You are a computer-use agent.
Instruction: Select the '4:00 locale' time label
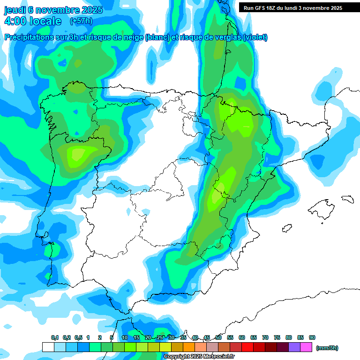(32, 21)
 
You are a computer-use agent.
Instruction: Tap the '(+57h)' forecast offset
(81, 21)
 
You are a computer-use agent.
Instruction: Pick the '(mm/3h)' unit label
(327, 348)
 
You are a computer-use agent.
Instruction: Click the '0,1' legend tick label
(55, 338)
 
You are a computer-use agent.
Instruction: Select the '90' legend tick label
(312, 338)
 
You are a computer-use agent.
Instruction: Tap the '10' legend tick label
(125, 338)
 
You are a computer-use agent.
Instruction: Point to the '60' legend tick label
(242, 338)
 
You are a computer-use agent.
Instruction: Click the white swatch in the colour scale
(48, 347)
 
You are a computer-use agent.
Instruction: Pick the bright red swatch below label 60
(247, 347)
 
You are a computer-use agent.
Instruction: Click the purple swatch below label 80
(294, 347)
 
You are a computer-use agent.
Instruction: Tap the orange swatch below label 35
(189, 347)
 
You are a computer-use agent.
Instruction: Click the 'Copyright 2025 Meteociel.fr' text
(199, 357)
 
